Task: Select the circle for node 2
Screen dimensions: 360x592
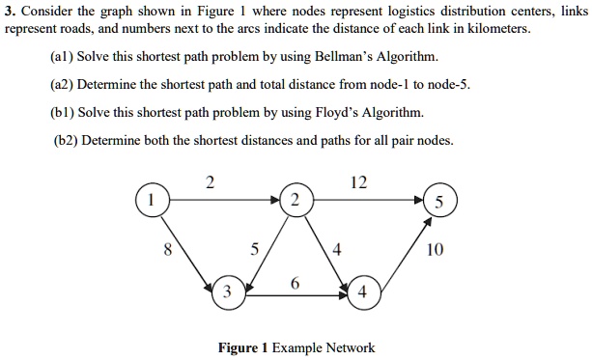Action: [x=295, y=200]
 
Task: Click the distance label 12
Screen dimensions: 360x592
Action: [x=359, y=182]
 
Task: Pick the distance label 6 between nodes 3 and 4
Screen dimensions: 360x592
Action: [x=294, y=283]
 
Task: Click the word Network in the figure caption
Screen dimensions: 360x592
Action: [x=352, y=347]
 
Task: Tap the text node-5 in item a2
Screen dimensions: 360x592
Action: [x=450, y=84]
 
